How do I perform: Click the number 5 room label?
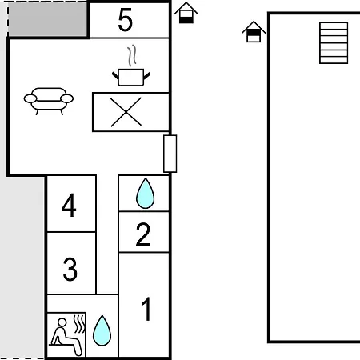pos(125,19)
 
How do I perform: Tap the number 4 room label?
pos(69,205)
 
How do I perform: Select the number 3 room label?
pos(70,269)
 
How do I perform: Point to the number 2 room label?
pos(143,234)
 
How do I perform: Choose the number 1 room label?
pos(146,309)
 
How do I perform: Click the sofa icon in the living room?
pos(49,101)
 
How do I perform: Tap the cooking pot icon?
pos(131,78)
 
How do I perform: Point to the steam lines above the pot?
pos(132,55)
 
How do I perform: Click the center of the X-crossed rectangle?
pos(126,112)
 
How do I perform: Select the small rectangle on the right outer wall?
pos(170,154)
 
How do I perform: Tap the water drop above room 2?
pos(145,193)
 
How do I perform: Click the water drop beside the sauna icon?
pos(102,330)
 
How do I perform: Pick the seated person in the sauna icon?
pos(66,337)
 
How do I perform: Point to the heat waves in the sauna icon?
pos(79,323)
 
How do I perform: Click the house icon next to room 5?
pos(186,13)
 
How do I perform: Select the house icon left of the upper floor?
pos(254,31)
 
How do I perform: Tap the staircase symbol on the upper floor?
pos(334,43)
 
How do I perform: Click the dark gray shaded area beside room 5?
pos(47,19)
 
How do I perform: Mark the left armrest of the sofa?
pos(30,98)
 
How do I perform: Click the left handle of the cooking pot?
pos(115,75)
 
